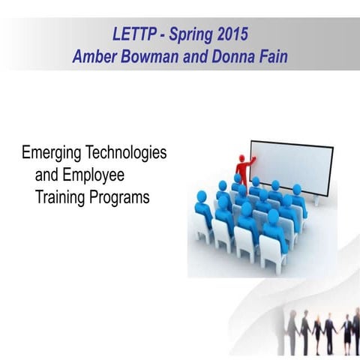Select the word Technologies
[x=128, y=154]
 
